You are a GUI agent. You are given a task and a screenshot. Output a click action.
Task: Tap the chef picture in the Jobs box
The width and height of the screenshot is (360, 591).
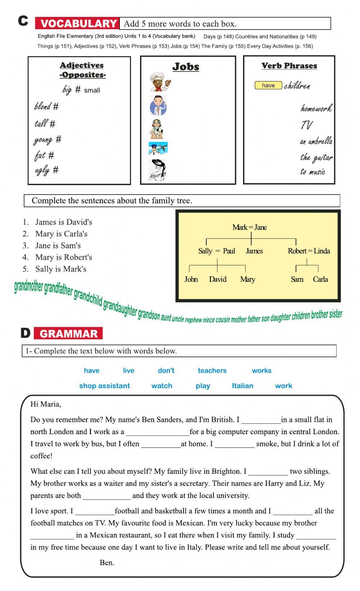pos(158,82)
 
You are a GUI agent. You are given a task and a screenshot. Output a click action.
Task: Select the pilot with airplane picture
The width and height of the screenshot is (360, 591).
pos(158,148)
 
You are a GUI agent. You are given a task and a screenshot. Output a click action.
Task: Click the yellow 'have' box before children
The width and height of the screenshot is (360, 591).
pos(268,85)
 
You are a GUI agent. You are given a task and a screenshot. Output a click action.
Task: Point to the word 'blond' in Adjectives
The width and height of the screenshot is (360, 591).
pos(42,106)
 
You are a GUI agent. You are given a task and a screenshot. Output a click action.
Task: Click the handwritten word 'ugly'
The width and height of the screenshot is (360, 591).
pos(42,170)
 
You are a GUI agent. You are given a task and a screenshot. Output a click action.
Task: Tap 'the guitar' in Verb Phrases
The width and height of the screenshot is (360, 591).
pos(316,157)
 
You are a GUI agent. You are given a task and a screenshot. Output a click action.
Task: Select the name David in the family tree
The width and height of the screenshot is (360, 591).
pos(217,279)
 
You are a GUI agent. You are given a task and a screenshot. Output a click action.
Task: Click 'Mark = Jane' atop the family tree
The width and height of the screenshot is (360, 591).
pos(249,227)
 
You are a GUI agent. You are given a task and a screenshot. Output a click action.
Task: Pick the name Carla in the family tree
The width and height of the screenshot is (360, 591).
pos(320,279)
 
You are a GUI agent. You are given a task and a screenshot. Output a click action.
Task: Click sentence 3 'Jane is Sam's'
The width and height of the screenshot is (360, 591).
pos(58,246)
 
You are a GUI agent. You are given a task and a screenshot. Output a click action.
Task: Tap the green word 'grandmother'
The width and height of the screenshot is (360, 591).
pos(28,288)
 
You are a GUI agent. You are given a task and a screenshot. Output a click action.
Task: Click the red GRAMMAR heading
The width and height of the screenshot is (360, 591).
pos(68,333)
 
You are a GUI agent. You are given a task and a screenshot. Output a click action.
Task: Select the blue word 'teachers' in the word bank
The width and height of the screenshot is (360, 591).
pos(212,370)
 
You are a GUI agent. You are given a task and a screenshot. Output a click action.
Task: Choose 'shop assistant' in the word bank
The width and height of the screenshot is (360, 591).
pos(104,386)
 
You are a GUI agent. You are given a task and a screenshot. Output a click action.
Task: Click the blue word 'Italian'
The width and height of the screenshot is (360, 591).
pos(242,386)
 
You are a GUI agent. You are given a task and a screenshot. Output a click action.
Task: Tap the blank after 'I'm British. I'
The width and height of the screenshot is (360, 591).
pos(261,420)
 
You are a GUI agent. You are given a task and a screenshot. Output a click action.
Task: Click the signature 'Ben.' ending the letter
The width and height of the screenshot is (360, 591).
pos(107,563)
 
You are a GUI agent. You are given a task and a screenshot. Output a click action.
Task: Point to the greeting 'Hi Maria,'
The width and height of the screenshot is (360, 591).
pos(46,404)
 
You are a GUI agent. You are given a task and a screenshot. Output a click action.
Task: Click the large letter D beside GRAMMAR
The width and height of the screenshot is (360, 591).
pos(26,333)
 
